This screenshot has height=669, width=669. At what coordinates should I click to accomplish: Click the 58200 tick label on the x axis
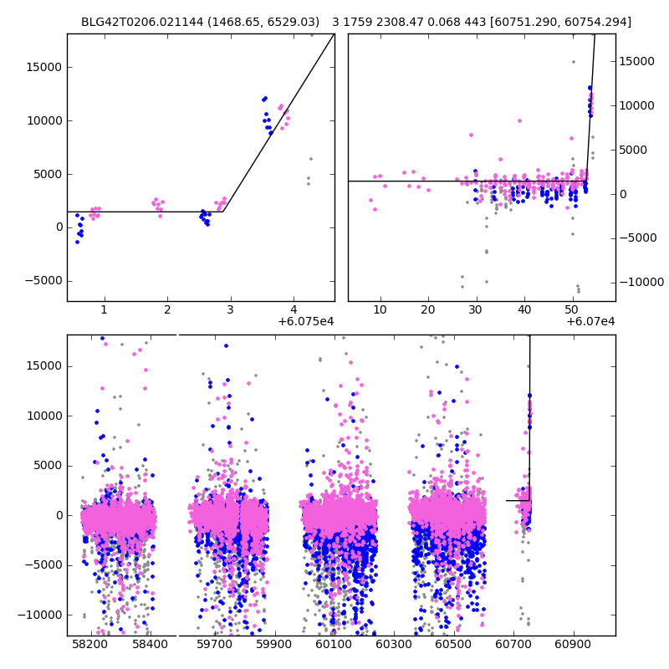click(x=89, y=645)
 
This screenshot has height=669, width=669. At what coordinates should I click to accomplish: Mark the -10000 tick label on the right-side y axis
click(x=642, y=282)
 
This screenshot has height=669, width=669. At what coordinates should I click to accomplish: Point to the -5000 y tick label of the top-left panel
click(x=43, y=281)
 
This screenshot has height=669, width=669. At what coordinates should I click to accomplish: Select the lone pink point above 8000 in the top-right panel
click(x=519, y=120)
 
